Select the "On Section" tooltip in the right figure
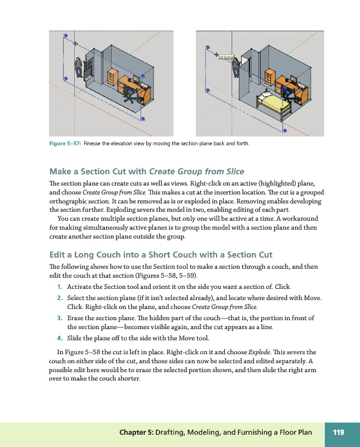226,56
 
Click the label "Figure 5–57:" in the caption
65,144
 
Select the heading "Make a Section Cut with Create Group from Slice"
147,172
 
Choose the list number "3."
59,318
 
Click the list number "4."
59,338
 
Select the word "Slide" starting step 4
75,338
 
